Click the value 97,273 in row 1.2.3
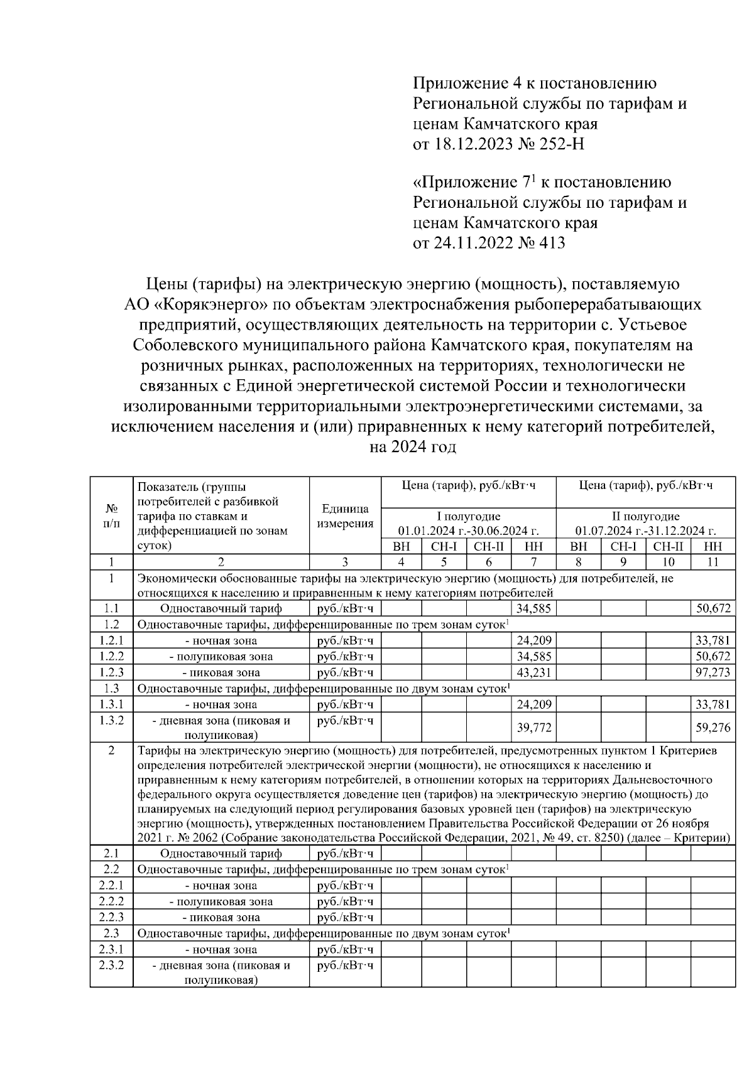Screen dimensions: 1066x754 click(x=713, y=672)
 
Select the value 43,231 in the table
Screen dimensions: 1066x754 click(x=533, y=672)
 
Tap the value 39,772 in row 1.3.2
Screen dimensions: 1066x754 click(x=533, y=727)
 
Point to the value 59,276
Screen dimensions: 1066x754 click(x=713, y=727)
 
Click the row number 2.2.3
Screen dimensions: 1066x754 click(x=111, y=917)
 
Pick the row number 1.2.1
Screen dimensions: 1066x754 click(x=111, y=640)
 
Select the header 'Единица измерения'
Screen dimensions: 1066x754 click(x=345, y=516)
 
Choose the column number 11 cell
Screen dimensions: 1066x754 click(x=713, y=562)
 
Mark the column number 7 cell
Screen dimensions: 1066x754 click(x=533, y=562)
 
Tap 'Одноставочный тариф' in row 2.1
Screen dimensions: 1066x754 click(x=221, y=853)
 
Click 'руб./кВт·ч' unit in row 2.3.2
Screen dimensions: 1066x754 click(x=345, y=965)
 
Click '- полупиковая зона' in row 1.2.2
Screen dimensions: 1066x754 click(x=221, y=657)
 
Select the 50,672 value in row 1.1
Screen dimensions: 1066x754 click(x=713, y=608)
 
